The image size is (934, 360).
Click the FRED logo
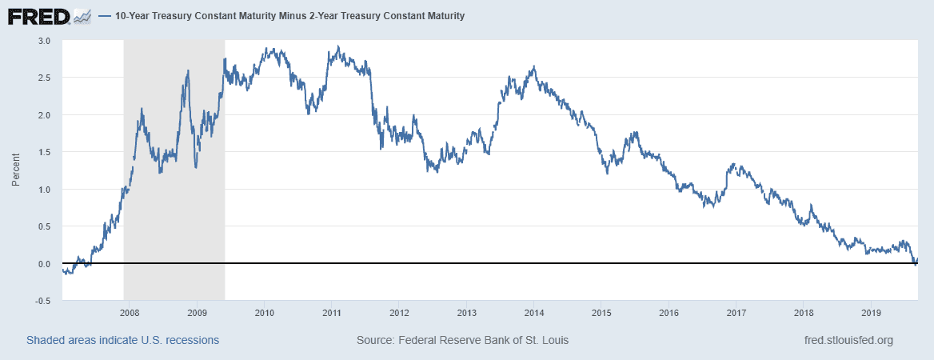[38, 15]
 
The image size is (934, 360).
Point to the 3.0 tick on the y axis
[44, 40]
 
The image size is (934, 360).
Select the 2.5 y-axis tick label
[44, 78]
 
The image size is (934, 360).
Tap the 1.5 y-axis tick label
[44, 152]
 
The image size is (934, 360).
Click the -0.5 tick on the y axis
[42, 301]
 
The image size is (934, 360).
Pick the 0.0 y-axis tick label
[44, 264]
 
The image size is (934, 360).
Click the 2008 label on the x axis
[130, 312]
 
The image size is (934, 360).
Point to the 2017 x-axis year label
[736, 312]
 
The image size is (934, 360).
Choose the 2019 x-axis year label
[872, 312]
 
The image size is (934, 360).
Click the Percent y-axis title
[15, 170]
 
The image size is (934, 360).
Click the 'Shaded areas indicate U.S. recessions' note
[122, 341]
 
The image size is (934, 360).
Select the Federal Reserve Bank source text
[462, 341]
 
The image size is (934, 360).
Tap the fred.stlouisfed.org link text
[848, 341]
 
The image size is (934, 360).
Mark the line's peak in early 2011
[339, 46]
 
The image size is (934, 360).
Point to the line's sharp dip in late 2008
[196, 167]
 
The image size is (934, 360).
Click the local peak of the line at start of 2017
[734, 164]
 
